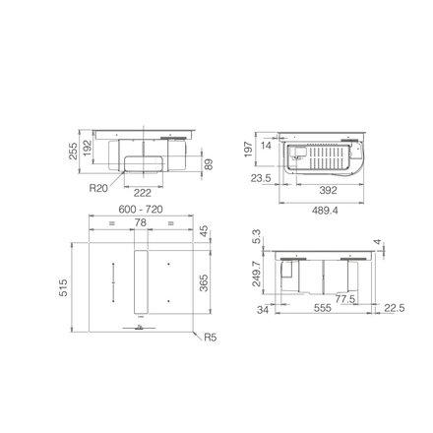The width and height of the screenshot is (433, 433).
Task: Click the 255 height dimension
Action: click(x=73, y=151)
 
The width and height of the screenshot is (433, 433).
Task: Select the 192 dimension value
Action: click(x=88, y=148)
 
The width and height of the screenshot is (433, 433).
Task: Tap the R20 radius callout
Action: click(x=98, y=188)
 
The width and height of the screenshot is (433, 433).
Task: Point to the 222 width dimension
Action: click(x=143, y=193)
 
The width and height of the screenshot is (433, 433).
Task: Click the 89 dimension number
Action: click(x=209, y=164)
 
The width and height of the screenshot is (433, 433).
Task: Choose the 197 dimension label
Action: click(x=249, y=150)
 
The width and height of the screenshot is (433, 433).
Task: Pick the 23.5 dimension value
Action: click(x=261, y=178)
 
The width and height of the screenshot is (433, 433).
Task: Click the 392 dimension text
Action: click(x=328, y=190)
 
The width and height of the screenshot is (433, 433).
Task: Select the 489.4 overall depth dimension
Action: click(x=325, y=211)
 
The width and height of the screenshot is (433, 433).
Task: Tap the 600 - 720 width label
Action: click(x=141, y=210)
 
